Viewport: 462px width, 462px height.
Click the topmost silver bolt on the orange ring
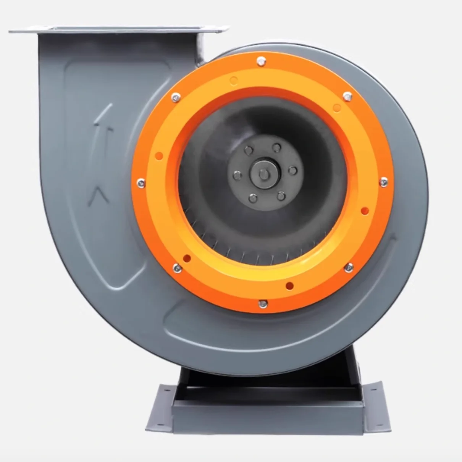tap(261, 60)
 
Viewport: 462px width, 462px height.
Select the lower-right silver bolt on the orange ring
tap(348, 268)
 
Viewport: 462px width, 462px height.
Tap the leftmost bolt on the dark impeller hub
tap(237, 176)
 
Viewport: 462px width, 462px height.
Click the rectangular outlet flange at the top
tap(118, 29)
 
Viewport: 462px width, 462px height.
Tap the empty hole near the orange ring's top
tap(234, 80)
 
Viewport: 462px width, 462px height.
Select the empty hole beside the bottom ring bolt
tap(289, 285)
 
